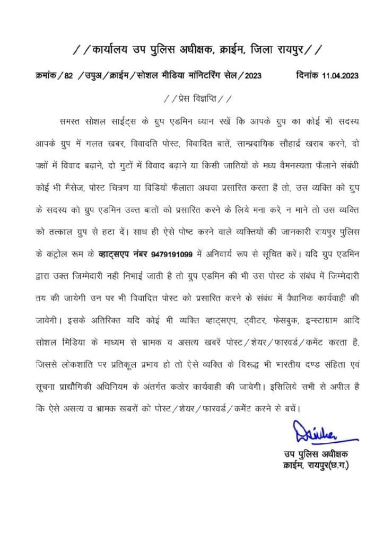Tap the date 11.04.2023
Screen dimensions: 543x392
coord(339,75)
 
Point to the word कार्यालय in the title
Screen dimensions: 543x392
coord(112,51)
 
